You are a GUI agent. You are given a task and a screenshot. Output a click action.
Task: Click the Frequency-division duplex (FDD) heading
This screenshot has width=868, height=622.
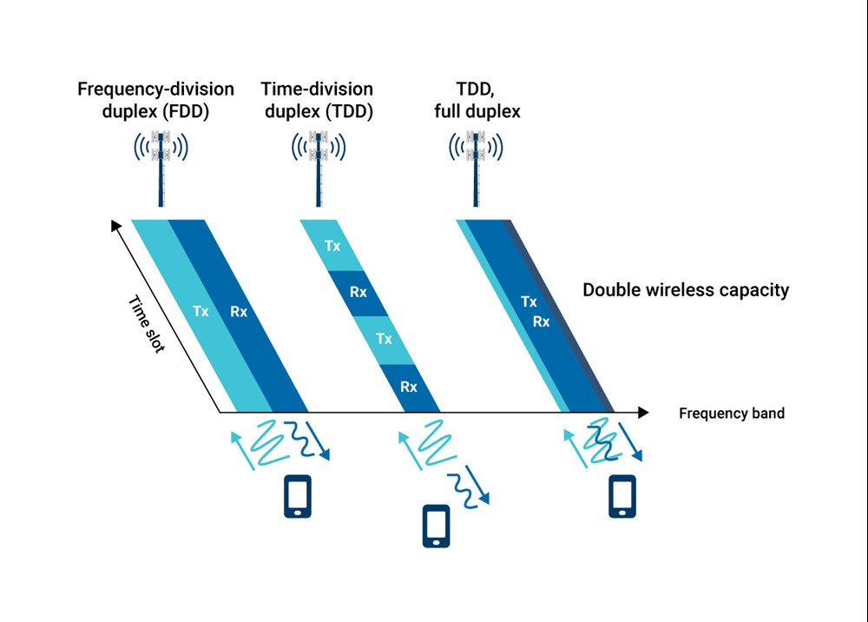coord(155,100)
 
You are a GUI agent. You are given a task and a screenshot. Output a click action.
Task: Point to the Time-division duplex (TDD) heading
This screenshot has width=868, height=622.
coord(317,100)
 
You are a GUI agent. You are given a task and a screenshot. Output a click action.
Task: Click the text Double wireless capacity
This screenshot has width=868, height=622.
coord(686,290)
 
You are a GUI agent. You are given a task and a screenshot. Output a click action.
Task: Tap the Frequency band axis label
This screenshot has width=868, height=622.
coord(731,414)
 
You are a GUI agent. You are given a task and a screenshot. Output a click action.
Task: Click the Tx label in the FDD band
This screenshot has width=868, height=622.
coord(201,311)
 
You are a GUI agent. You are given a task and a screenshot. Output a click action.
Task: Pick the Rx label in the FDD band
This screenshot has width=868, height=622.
coord(239,311)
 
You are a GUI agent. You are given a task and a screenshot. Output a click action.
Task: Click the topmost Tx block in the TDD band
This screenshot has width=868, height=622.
coord(332,246)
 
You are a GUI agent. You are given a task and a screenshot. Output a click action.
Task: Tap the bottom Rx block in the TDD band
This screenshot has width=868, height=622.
coord(408,387)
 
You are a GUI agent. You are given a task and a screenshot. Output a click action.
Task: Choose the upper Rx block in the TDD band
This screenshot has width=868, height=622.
coord(358,293)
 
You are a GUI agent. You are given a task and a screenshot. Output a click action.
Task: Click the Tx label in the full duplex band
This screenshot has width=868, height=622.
coord(529,302)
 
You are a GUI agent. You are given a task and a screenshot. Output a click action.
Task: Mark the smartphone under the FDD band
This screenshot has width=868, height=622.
coord(298,496)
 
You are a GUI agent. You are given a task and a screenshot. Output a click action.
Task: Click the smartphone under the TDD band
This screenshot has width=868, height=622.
coord(436,526)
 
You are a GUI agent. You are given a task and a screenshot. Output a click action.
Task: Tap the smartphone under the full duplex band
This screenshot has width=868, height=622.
coord(621,496)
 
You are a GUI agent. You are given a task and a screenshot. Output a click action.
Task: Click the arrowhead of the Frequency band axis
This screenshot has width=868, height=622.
coord(642,412)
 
